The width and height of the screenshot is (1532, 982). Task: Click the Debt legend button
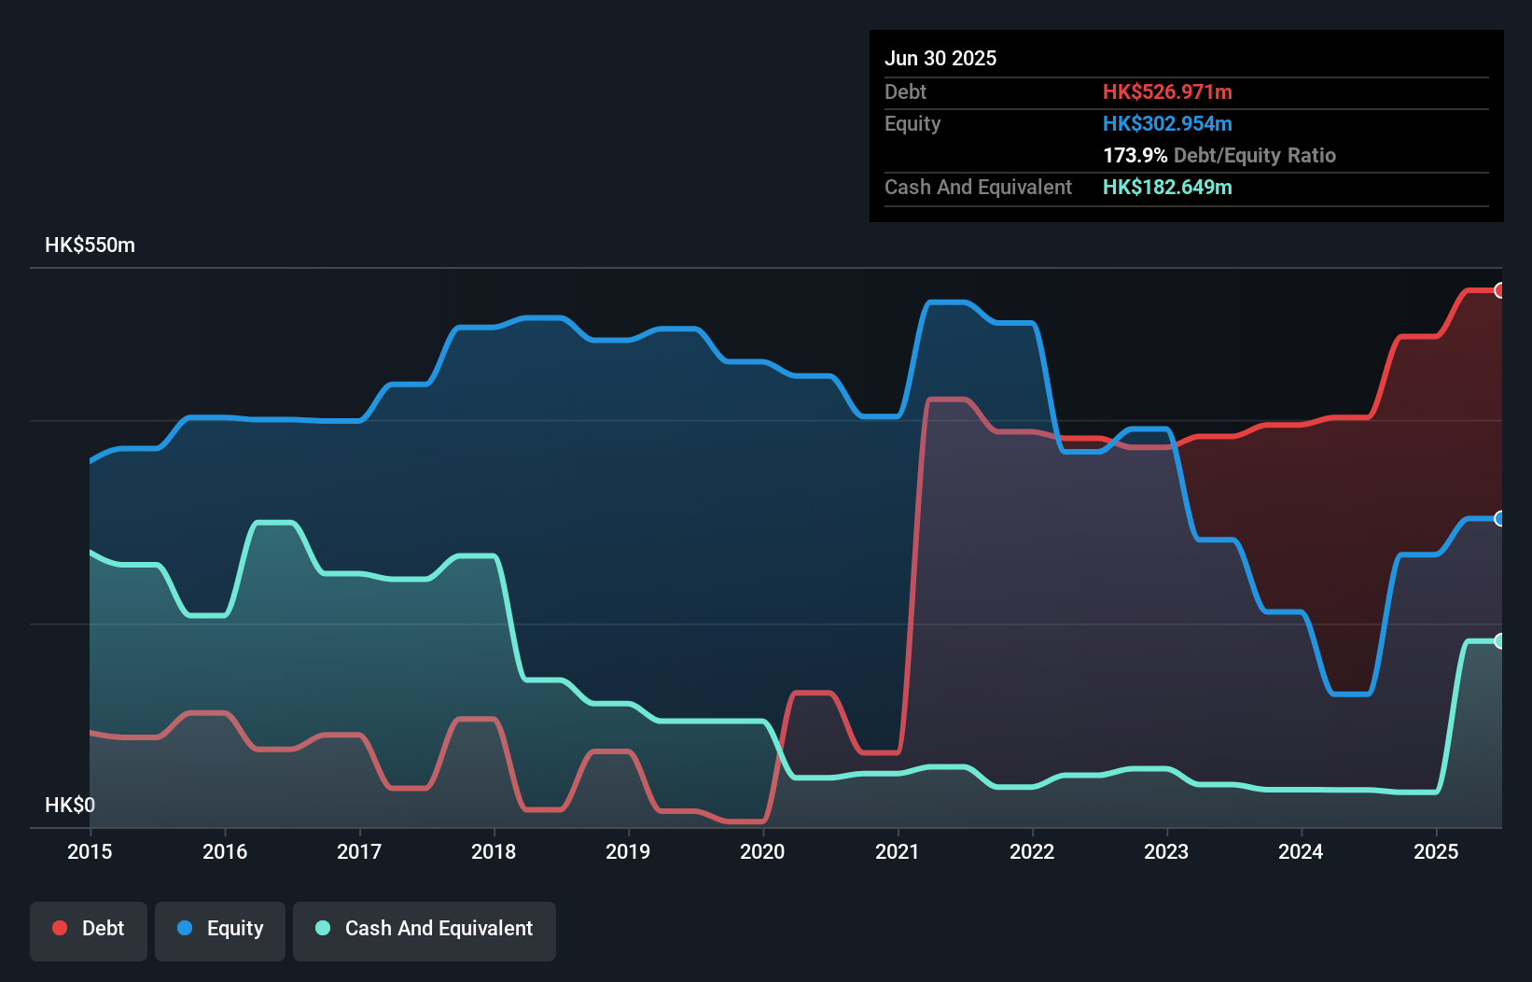(x=89, y=929)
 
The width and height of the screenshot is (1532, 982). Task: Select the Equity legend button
(x=220, y=929)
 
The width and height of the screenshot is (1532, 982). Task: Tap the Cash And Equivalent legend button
(x=425, y=929)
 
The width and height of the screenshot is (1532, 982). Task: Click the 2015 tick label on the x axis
(x=90, y=851)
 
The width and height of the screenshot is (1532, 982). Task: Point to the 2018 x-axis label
(x=494, y=851)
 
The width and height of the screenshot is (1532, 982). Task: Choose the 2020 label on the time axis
(x=762, y=851)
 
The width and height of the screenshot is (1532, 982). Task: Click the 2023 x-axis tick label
(x=1166, y=851)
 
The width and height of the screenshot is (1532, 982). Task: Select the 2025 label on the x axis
(x=1436, y=851)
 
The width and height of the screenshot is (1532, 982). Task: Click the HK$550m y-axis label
(x=90, y=245)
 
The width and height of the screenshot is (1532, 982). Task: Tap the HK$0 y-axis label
(x=70, y=805)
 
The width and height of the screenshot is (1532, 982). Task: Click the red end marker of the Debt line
(x=1499, y=290)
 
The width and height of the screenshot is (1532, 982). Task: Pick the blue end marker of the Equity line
(x=1499, y=519)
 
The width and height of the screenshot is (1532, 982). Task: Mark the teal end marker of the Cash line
(x=1499, y=641)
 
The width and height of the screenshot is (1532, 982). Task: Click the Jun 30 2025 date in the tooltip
(x=940, y=59)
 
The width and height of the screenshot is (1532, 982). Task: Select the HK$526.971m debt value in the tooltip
(x=1167, y=92)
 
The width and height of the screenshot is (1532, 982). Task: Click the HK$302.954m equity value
(x=1167, y=124)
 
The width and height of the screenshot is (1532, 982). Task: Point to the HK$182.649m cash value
(x=1167, y=188)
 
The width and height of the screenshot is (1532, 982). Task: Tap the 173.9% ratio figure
(x=1135, y=156)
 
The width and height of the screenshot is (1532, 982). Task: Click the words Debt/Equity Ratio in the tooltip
(x=1255, y=156)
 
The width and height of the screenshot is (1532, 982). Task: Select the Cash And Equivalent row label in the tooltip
(x=978, y=188)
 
